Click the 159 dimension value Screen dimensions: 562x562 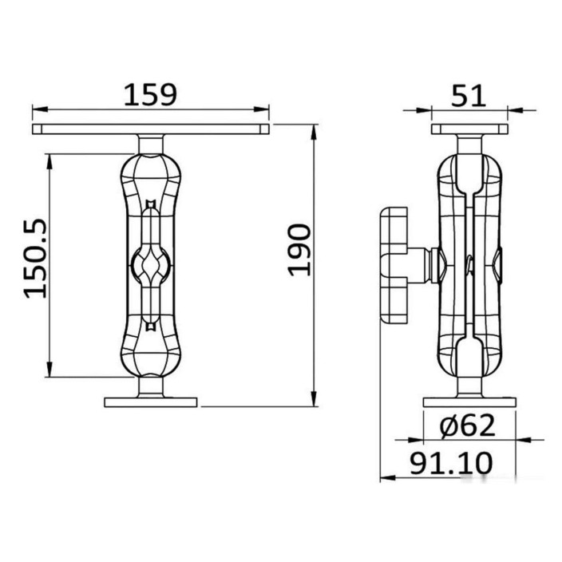(150, 95)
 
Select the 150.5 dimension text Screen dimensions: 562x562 (35, 258)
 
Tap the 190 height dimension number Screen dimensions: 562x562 (299, 250)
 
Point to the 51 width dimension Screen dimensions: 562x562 (468, 95)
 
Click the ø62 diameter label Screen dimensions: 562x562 (468, 425)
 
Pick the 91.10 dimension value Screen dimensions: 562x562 (451, 463)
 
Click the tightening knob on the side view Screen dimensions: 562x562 (394, 264)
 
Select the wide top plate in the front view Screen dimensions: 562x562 (151, 129)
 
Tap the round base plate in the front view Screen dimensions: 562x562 (151, 402)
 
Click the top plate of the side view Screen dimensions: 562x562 (469, 129)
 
